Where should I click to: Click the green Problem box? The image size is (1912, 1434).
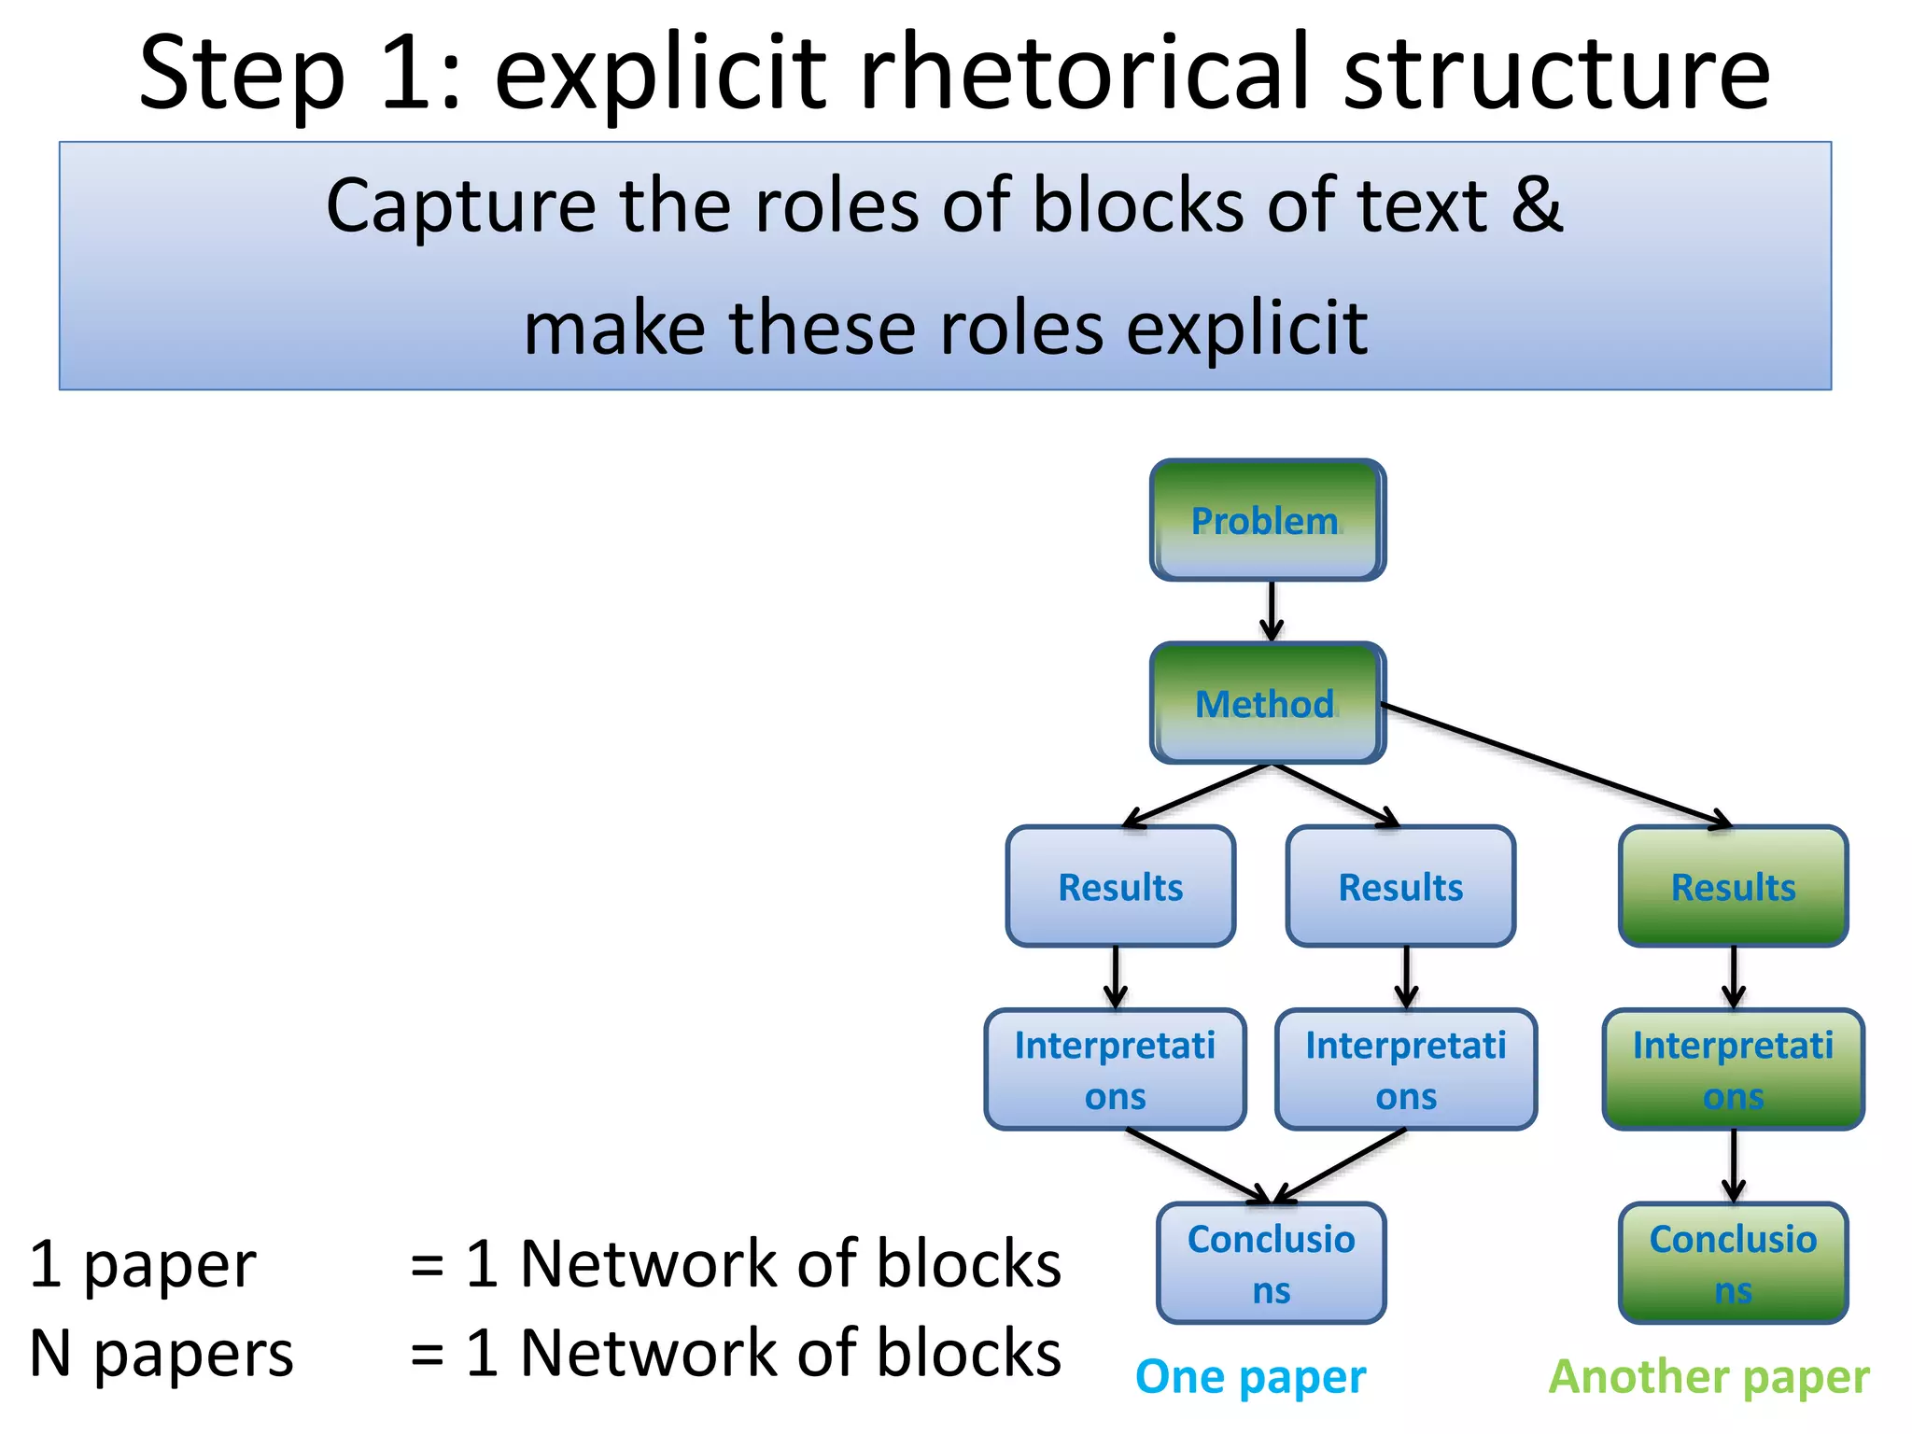1267,520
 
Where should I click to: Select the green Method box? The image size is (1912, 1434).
1267,703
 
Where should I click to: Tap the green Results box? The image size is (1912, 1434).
1733,886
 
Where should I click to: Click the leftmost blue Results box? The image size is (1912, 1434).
1120,886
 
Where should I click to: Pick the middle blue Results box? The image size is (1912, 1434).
1400,886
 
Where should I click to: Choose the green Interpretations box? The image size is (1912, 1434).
1733,1069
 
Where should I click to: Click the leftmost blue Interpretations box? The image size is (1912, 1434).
1115,1069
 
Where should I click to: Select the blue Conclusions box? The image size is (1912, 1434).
1271,1263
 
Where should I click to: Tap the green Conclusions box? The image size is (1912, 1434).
1733,1263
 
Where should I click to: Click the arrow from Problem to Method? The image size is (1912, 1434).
1271,611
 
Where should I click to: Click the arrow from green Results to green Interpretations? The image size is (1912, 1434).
1734,977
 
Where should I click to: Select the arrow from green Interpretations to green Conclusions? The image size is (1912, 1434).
1734,1165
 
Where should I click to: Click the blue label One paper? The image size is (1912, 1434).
1250,1377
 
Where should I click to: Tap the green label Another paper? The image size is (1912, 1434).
1708,1377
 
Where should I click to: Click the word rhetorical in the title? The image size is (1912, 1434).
1084,73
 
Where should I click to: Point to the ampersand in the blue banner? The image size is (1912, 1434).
1537,204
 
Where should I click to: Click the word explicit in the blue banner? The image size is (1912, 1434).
1246,329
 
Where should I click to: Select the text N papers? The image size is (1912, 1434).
162,1353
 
